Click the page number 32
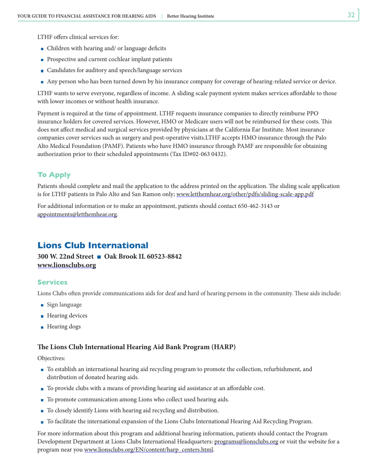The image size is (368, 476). point(351,15)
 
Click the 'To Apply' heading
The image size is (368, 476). point(54,175)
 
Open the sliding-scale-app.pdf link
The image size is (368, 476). point(245,194)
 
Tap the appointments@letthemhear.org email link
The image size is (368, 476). point(77,214)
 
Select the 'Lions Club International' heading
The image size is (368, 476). point(93,245)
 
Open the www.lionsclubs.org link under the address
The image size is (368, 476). point(67,265)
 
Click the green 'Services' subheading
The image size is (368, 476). point(52,283)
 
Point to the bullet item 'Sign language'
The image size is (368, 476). point(64,305)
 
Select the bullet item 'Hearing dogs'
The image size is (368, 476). point(64,327)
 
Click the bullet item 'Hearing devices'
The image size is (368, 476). point(67,316)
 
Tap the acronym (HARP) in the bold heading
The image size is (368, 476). point(223,347)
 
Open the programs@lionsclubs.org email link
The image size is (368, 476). point(246,442)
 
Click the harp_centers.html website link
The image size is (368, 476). point(148,450)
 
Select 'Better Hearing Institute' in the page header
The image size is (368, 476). point(190,16)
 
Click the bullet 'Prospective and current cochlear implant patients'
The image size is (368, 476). point(109,59)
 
